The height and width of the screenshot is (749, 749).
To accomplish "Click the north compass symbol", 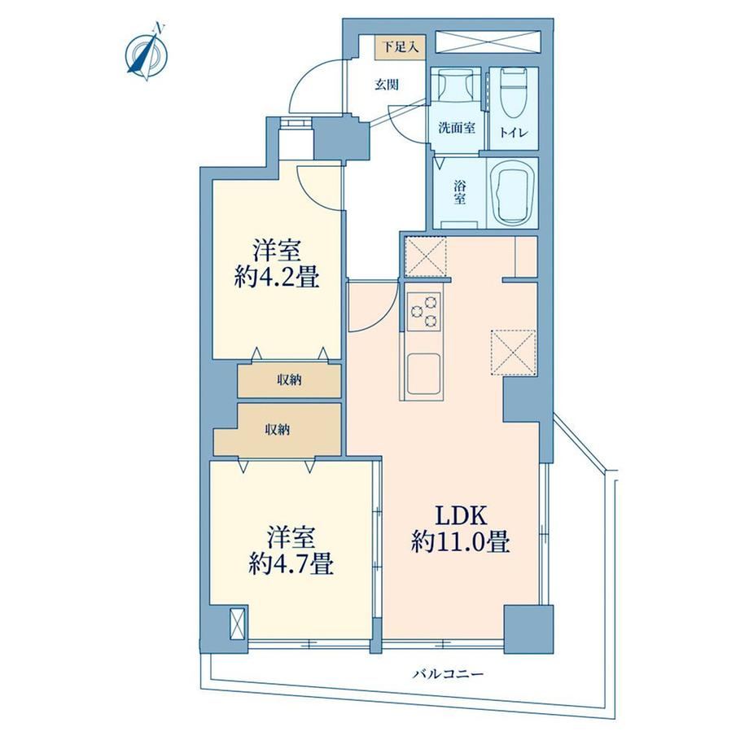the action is tap(147, 54).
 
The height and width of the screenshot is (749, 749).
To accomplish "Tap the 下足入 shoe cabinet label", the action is tap(401, 47).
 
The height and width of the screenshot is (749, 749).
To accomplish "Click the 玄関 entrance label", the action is tap(387, 85).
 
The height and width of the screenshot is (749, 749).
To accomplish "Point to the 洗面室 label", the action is tap(457, 128).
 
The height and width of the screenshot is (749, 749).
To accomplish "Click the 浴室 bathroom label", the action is tap(459, 192).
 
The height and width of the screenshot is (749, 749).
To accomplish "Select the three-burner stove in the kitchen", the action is tap(423, 310).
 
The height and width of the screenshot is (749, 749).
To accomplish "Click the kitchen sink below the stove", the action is tap(423, 374).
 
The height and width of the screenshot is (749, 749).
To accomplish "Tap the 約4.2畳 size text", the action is tap(276, 277).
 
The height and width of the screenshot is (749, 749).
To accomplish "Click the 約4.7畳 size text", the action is tap(291, 567).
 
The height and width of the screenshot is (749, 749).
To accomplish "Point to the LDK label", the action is tap(461, 517).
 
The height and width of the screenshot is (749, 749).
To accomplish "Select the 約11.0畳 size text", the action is tap(461, 543).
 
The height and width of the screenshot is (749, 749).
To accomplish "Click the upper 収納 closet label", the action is tap(290, 380).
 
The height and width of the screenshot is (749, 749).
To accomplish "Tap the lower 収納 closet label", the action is tap(278, 430).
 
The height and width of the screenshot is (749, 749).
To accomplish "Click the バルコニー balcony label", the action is tap(449, 674).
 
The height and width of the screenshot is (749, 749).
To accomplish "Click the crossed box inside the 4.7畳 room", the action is tap(237, 623).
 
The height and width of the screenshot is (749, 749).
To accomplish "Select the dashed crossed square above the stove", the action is tap(425, 256).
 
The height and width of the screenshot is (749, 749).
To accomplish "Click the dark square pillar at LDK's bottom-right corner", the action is tap(528, 629).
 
